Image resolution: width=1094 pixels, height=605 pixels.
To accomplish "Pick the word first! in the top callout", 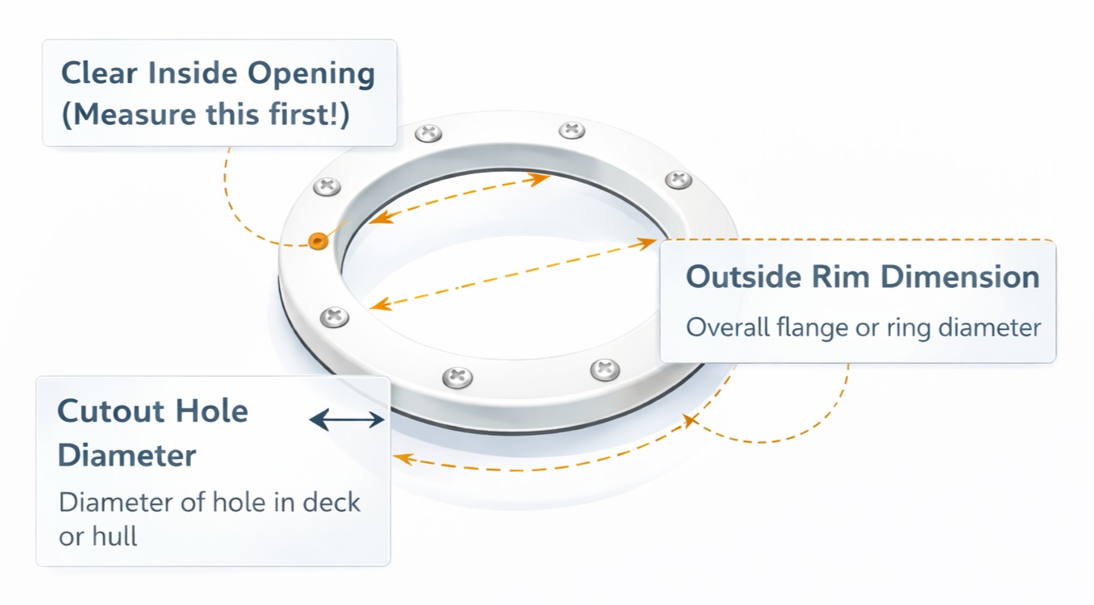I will point(310,115).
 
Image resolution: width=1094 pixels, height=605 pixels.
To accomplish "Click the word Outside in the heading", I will point(739,277).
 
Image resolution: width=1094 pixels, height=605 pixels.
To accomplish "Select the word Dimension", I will point(959,277).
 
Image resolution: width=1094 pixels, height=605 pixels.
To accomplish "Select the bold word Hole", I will point(215,411).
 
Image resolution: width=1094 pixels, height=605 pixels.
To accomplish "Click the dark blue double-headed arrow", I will point(347,419).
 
